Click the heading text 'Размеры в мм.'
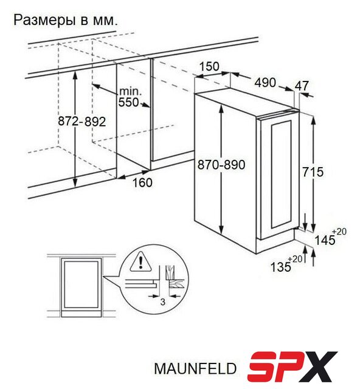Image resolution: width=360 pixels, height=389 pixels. (x=66, y=20)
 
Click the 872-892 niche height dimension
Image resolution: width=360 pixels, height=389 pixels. (x=82, y=122)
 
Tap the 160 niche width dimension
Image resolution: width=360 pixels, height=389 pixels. (x=142, y=182)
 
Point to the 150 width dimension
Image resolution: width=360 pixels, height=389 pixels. (x=209, y=66)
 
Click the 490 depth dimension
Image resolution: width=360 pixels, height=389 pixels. (x=265, y=83)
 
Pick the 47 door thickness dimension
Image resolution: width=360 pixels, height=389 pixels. (x=302, y=86)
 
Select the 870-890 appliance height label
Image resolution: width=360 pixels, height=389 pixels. (x=221, y=165)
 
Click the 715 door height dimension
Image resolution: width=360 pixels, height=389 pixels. (x=313, y=171)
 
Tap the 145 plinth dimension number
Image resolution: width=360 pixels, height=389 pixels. (x=325, y=240)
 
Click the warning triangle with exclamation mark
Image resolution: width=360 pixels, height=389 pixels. (x=140, y=262)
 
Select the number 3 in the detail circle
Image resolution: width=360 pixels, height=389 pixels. (x=162, y=302)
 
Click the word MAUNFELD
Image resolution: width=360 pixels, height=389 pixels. (x=195, y=368)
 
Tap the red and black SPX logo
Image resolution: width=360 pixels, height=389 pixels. (x=292, y=367)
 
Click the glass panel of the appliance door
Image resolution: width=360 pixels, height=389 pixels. (x=282, y=174)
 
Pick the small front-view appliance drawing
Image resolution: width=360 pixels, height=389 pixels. (x=81, y=287)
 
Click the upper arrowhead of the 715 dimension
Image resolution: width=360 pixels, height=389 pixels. (x=314, y=120)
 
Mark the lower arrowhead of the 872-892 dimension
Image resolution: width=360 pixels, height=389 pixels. (x=75, y=182)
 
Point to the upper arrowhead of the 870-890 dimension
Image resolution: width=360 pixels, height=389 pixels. (x=221, y=108)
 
